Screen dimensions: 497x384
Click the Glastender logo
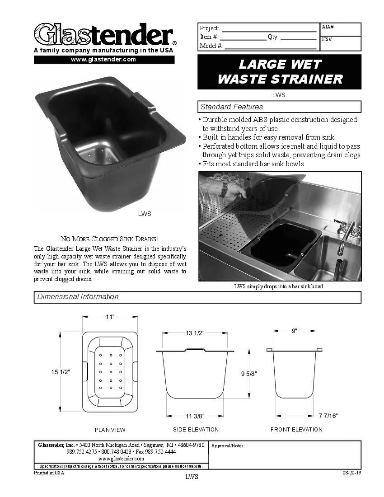click(x=104, y=34)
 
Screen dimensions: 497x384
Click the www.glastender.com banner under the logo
click(x=104, y=60)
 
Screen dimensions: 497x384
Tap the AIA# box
click(x=341, y=29)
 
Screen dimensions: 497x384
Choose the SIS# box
click(x=341, y=43)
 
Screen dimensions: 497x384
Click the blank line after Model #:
click(x=270, y=46)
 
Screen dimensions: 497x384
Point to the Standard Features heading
click(x=232, y=107)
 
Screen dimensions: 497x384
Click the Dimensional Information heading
click(x=78, y=297)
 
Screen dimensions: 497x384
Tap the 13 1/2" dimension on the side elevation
click(x=195, y=333)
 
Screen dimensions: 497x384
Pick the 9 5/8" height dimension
click(x=249, y=374)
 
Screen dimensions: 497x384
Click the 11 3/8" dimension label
click(x=195, y=416)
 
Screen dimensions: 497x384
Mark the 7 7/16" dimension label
click(x=328, y=416)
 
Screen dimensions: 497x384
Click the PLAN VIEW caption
click(x=110, y=430)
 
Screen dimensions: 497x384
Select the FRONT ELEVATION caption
click(x=296, y=429)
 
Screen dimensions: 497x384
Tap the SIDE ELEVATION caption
click(x=196, y=429)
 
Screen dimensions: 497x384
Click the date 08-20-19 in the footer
click(x=352, y=473)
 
